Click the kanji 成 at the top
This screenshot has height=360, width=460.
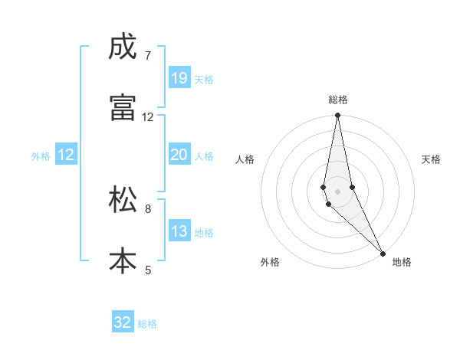tap(123, 48)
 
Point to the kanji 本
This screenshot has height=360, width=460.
tap(123, 260)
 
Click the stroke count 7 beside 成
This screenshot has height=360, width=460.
tap(147, 56)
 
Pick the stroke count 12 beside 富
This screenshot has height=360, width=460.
tap(147, 117)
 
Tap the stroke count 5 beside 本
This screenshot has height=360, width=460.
tap(147, 270)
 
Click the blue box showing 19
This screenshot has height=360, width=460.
tap(179, 78)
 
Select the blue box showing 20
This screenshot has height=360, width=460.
tap(179, 155)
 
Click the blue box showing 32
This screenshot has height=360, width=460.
tap(123, 322)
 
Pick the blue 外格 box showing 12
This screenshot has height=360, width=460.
tap(66, 155)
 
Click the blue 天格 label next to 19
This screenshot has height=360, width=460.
tap(204, 80)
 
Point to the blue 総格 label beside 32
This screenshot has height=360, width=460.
tap(147, 324)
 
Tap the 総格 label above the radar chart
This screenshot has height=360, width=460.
tap(337, 100)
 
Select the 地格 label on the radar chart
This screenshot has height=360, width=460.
tap(402, 262)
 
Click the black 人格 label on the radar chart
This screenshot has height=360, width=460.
tap(245, 159)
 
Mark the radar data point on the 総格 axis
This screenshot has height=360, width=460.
tap(337, 116)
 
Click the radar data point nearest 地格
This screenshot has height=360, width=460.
tap(383, 253)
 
